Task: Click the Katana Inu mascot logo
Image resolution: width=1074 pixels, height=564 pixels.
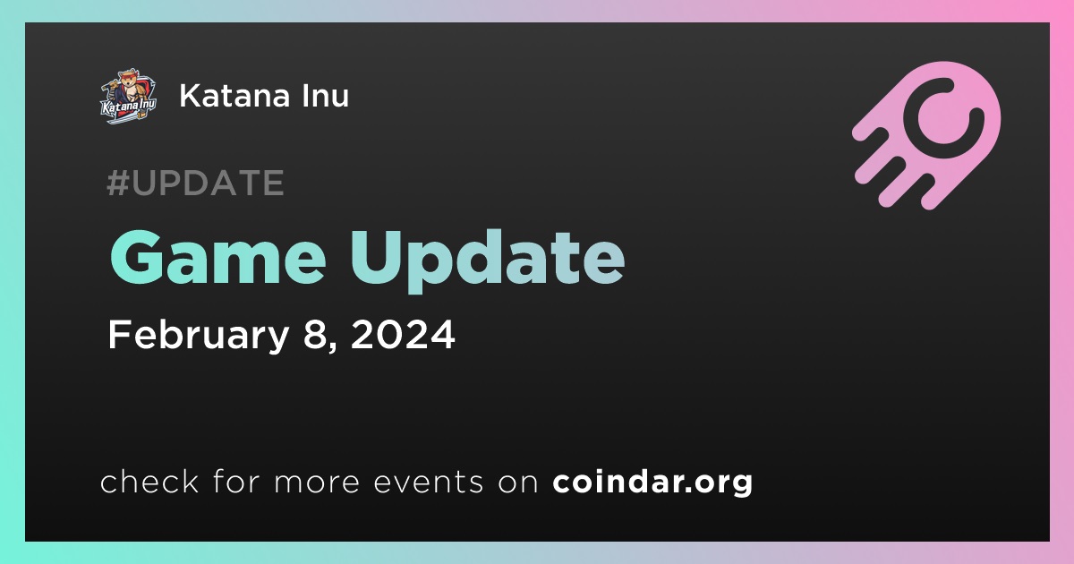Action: (129, 96)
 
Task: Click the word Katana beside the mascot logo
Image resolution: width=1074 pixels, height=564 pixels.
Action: (234, 96)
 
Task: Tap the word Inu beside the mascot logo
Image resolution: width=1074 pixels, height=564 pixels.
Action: (325, 96)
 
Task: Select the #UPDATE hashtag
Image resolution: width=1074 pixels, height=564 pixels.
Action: (196, 183)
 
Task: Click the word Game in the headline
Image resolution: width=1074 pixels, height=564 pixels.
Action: (218, 258)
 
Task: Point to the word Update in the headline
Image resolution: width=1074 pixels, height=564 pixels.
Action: (488, 261)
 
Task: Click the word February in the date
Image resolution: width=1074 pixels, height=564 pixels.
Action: (199, 335)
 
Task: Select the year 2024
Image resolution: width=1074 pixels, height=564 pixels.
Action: (403, 335)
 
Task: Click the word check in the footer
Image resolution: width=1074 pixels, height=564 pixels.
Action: (149, 481)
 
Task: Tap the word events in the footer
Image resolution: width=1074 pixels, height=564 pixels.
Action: (429, 483)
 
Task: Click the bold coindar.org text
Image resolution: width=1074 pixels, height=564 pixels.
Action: (652, 482)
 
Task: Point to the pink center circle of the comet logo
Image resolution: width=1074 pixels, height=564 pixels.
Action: (943, 117)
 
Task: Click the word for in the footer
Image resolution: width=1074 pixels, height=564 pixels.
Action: (236, 481)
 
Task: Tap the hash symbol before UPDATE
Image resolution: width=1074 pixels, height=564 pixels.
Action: (117, 183)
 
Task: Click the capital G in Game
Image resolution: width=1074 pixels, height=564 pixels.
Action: (136, 257)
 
